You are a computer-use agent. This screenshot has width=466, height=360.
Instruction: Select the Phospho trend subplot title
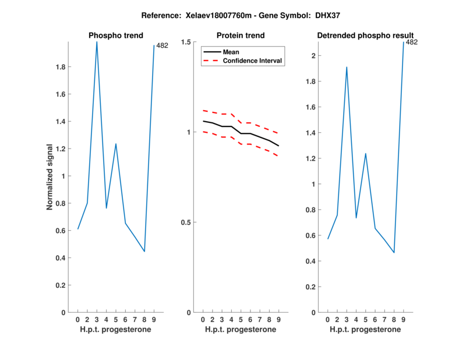pyautogui.click(x=115, y=36)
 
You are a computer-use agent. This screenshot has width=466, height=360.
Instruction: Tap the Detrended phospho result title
pyautogui.click(x=365, y=36)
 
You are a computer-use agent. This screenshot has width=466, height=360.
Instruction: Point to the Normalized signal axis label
pyautogui.click(x=50, y=177)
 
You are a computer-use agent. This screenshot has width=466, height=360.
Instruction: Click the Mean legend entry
pyautogui.click(x=231, y=52)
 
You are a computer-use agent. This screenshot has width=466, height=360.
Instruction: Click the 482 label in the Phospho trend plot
pyautogui.click(x=162, y=45)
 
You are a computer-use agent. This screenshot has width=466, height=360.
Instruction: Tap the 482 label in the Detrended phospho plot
pyautogui.click(x=411, y=42)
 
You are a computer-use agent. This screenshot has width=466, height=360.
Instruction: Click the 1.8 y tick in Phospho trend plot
pyautogui.click(x=60, y=67)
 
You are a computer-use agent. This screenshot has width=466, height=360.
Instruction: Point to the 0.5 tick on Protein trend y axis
pyautogui.click(x=187, y=223)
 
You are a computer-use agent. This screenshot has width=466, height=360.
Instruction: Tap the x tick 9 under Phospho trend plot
pyautogui.click(x=154, y=320)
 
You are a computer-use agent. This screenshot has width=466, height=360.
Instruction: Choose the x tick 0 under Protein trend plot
pyautogui.click(x=203, y=320)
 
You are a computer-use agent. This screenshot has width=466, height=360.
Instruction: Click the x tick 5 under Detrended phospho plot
pyautogui.click(x=365, y=320)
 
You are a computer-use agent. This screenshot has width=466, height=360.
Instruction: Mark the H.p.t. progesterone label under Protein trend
pyautogui.click(x=240, y=330)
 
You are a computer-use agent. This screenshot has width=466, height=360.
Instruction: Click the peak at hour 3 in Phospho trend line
pyautogui.click(x=97, y=42)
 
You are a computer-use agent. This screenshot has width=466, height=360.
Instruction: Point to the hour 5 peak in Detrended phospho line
pyautogui.click(x=365, y=154)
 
